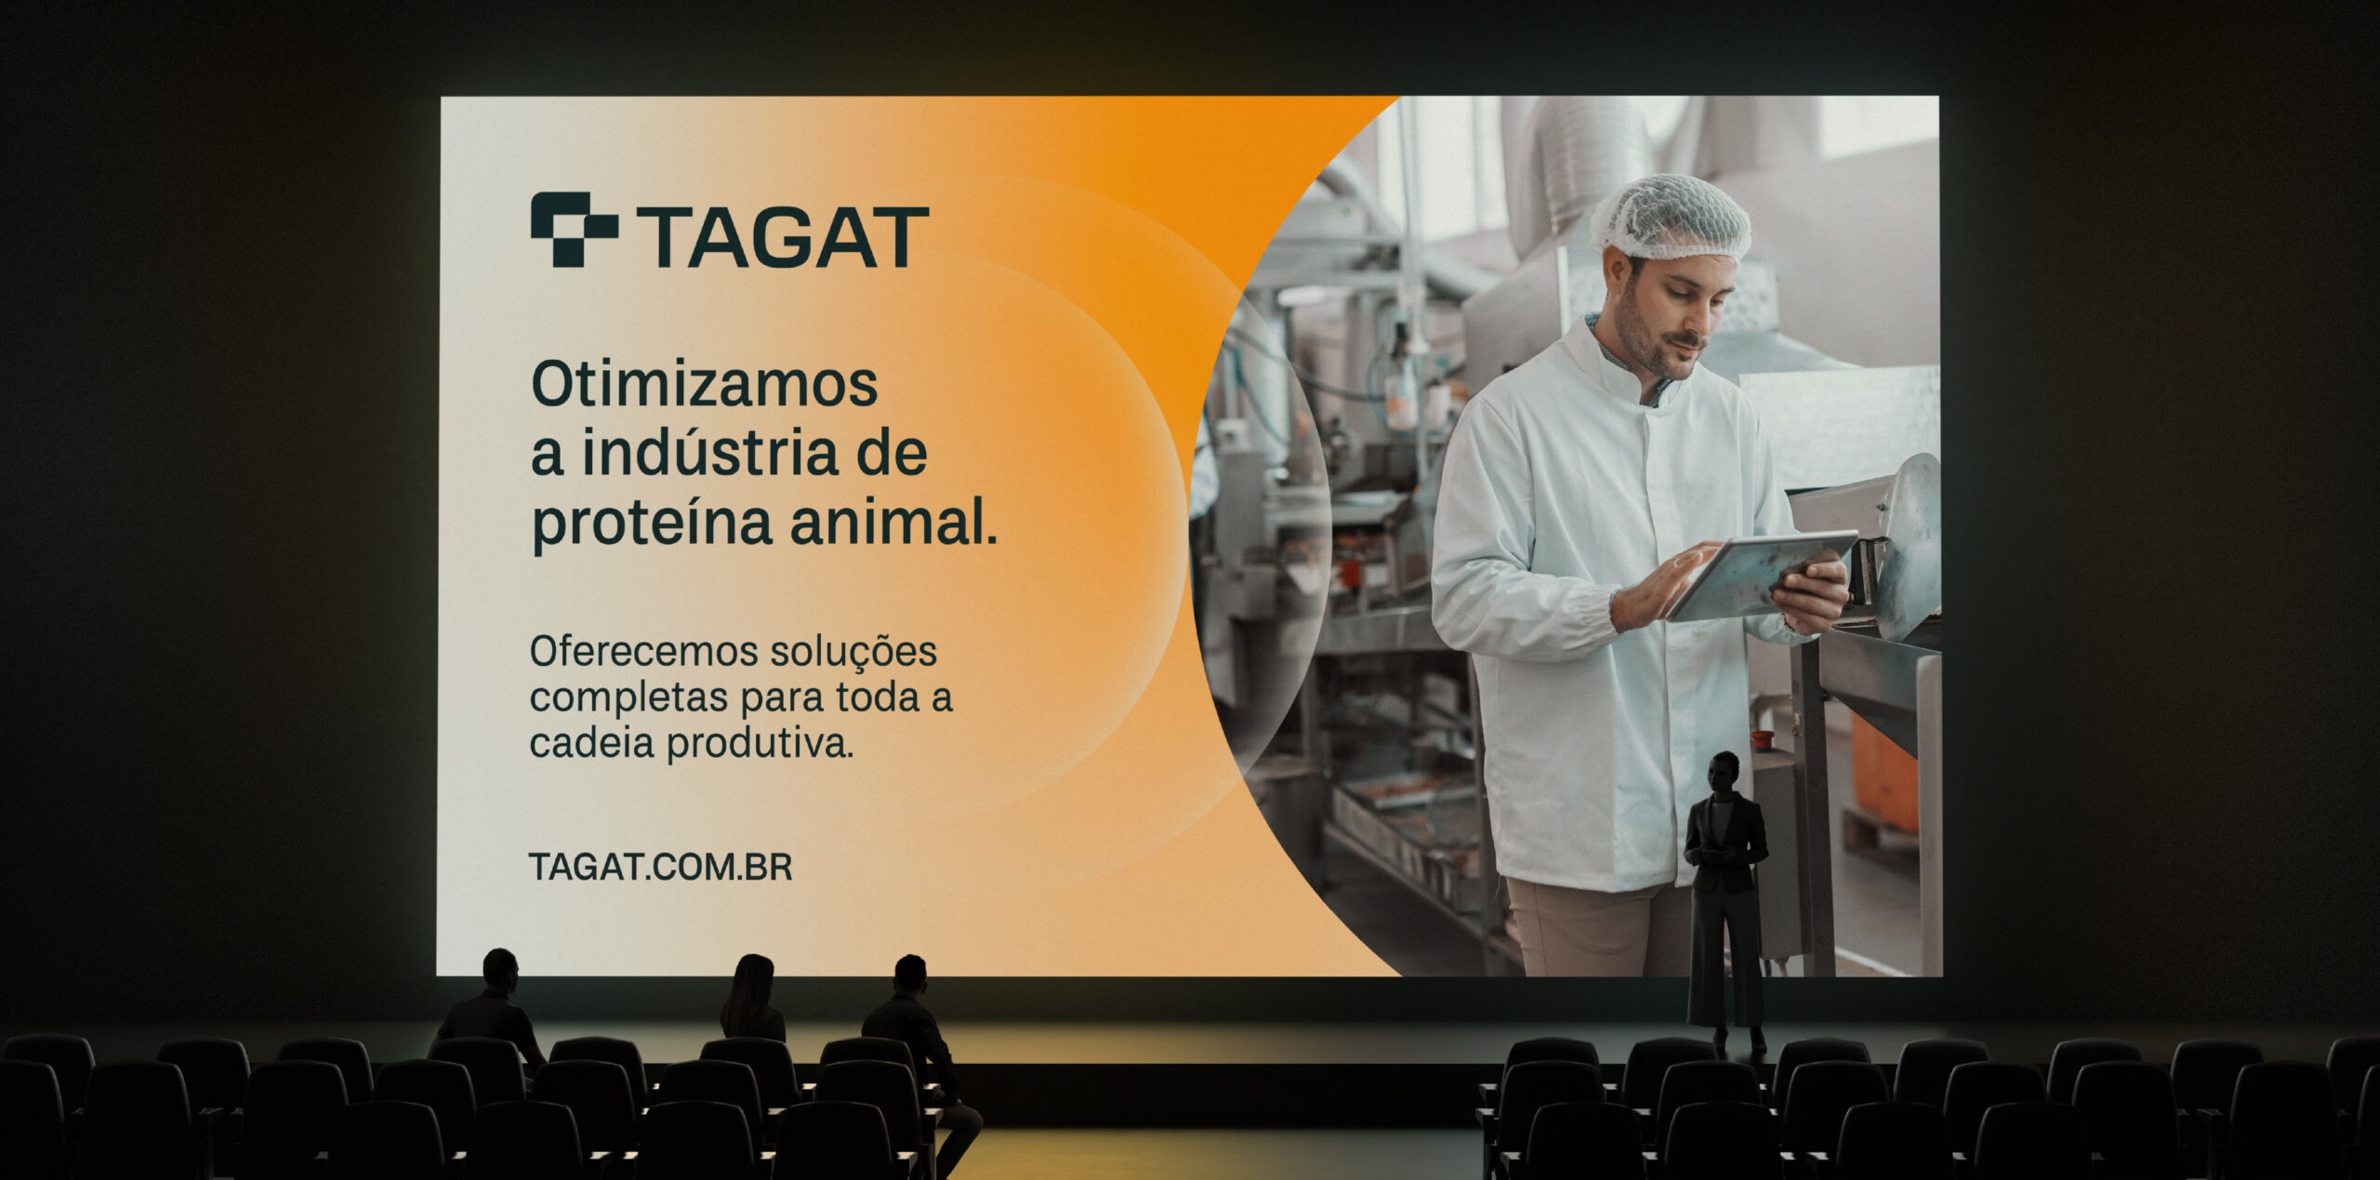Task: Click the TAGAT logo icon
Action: tap(574, 229)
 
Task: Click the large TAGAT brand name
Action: tap(783, 237)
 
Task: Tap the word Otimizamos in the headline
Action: tap(704, 383)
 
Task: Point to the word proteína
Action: tap(652, 524)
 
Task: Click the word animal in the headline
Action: tap(893, 522)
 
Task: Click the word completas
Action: tap(628, 698)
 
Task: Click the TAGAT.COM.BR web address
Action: tap(660, 867)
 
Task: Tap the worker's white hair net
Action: tap(1671, 219)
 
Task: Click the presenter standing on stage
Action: tap(1725, 902)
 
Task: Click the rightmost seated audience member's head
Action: tap(910, 974)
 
